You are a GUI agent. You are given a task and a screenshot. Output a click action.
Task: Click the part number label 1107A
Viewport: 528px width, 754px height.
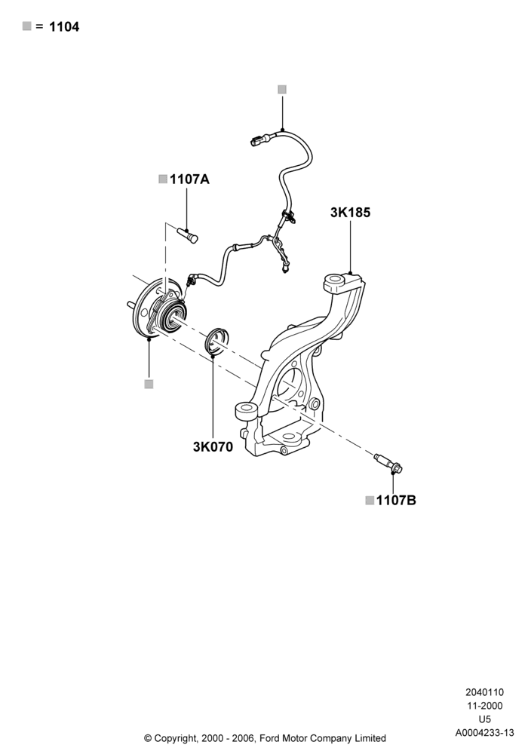189,179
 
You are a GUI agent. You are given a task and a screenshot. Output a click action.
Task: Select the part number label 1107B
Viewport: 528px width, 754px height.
396,501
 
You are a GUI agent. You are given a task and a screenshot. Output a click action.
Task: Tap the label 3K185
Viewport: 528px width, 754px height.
350,213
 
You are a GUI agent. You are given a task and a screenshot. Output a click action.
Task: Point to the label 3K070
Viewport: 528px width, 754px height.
213,446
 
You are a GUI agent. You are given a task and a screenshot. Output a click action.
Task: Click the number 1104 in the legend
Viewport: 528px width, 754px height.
64,27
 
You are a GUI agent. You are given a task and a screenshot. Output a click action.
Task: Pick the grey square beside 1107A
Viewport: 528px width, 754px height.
163,179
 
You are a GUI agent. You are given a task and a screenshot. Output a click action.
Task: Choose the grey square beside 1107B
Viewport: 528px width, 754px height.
370,501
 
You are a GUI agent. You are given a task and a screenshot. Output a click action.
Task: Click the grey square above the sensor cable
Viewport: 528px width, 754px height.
282,90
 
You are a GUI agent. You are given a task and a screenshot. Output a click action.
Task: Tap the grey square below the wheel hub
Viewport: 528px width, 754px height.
149,384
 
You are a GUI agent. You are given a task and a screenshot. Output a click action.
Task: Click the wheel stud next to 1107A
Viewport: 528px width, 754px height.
188,235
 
